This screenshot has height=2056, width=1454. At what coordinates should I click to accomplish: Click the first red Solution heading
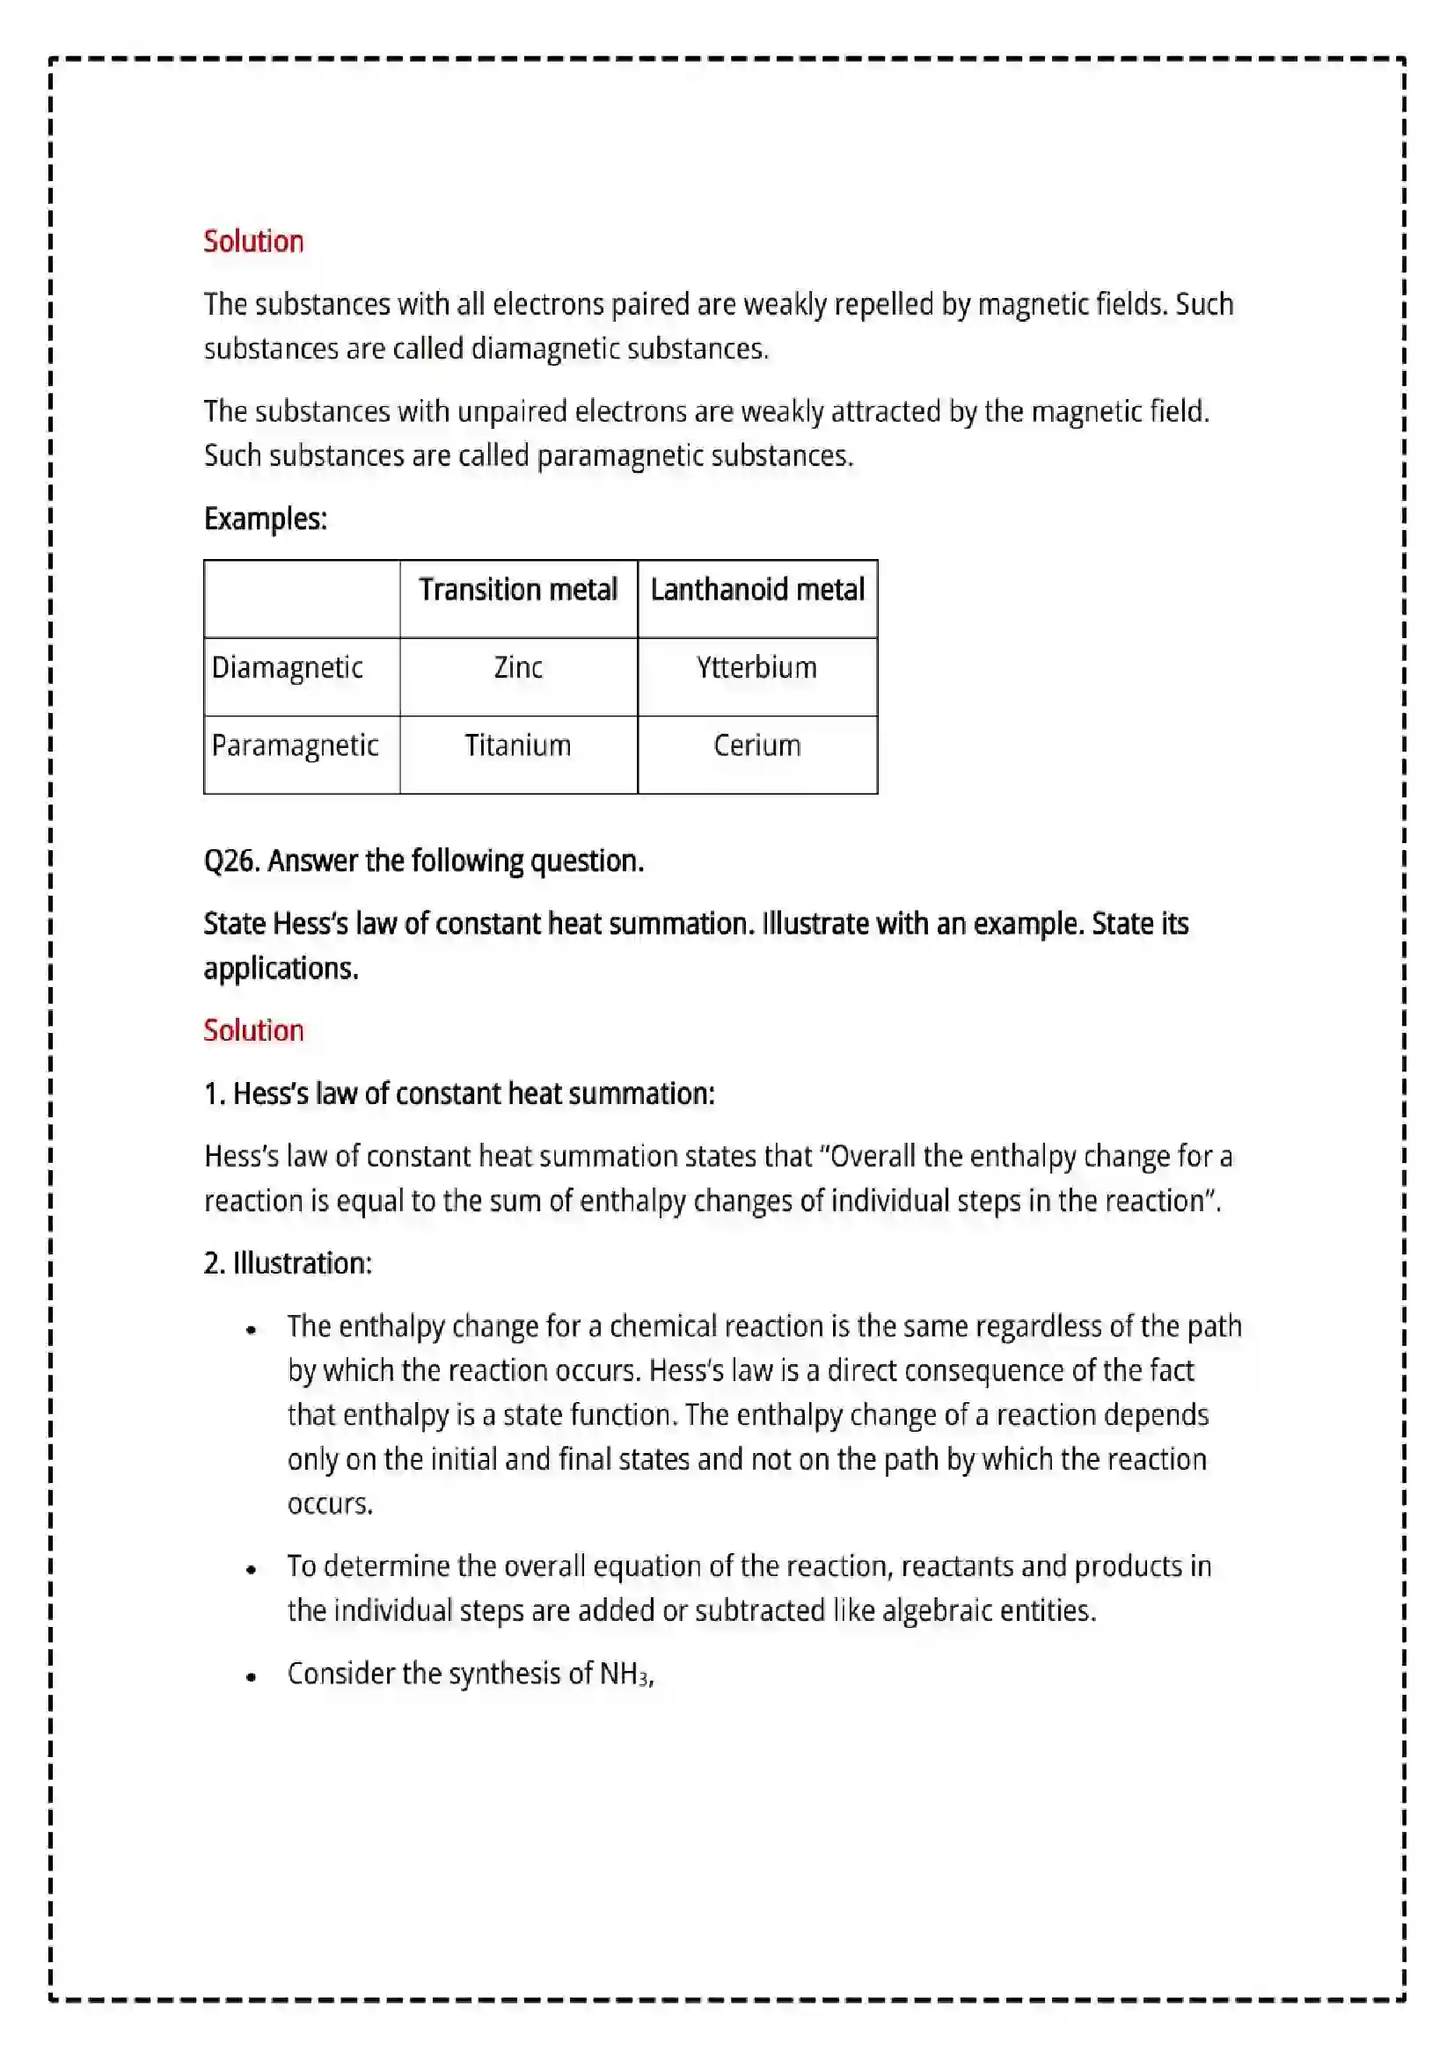point(253,242)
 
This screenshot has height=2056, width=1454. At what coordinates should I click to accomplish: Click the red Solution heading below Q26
point(253,1031)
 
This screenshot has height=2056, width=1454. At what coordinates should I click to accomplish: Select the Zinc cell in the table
point(518,668)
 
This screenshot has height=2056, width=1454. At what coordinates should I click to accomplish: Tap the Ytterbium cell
point(756,668)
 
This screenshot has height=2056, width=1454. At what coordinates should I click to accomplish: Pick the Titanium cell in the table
point(518,746)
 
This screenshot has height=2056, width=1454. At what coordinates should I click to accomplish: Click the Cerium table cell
point(756,746)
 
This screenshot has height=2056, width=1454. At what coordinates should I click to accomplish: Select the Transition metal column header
point(518,590)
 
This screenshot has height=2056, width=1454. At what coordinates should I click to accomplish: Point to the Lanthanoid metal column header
point(757,590)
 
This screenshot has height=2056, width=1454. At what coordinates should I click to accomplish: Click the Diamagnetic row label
point(287,668)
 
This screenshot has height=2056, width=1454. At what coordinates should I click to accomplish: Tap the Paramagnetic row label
point(295,746)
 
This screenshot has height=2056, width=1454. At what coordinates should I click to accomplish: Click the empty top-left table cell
point(302,599)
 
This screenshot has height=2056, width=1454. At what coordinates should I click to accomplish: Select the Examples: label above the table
point(265,519)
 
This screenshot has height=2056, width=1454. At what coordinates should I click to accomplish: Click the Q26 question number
point(231,861)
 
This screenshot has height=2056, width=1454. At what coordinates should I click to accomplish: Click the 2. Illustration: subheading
point(288,1263)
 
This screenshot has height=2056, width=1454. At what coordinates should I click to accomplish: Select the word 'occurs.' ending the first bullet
point(330,1504)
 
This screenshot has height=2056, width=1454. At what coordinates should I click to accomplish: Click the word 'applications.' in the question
point(281,969)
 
